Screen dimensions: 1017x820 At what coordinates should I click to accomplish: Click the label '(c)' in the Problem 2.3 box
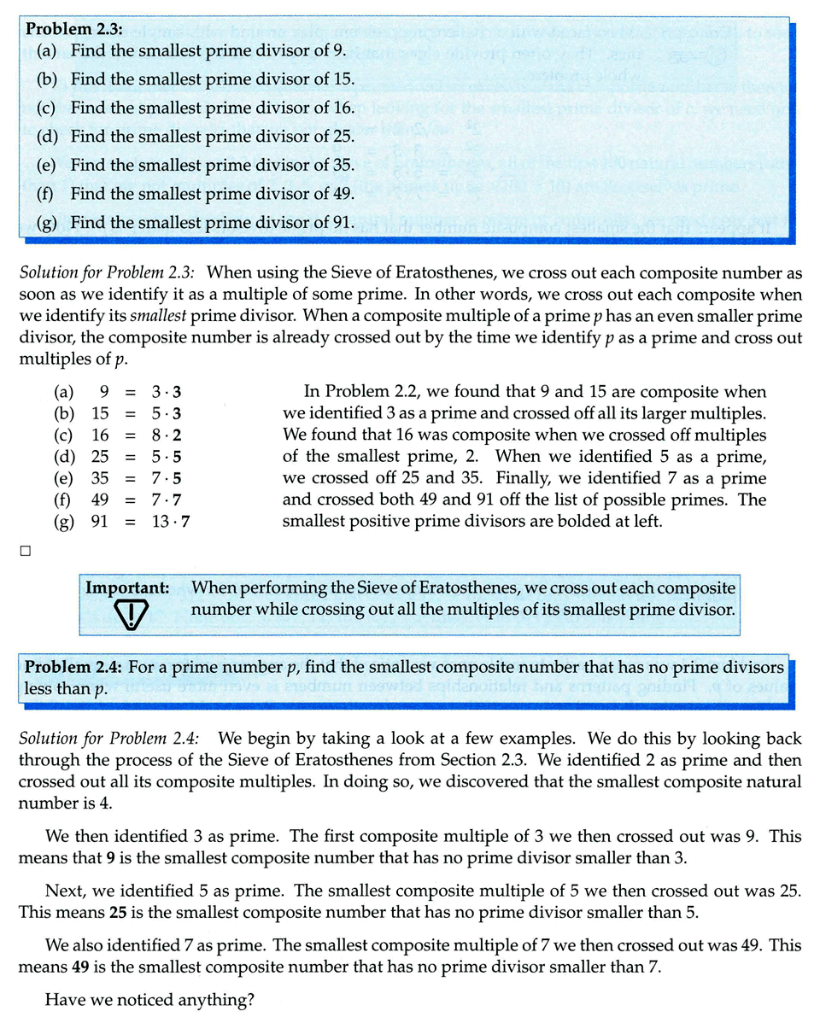[47, 108]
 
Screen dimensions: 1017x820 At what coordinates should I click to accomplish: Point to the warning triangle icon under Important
[131, 613]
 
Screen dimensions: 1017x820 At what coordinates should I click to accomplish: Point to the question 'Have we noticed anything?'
[149, 1000]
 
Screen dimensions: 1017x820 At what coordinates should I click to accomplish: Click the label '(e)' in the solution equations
[62, 478]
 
